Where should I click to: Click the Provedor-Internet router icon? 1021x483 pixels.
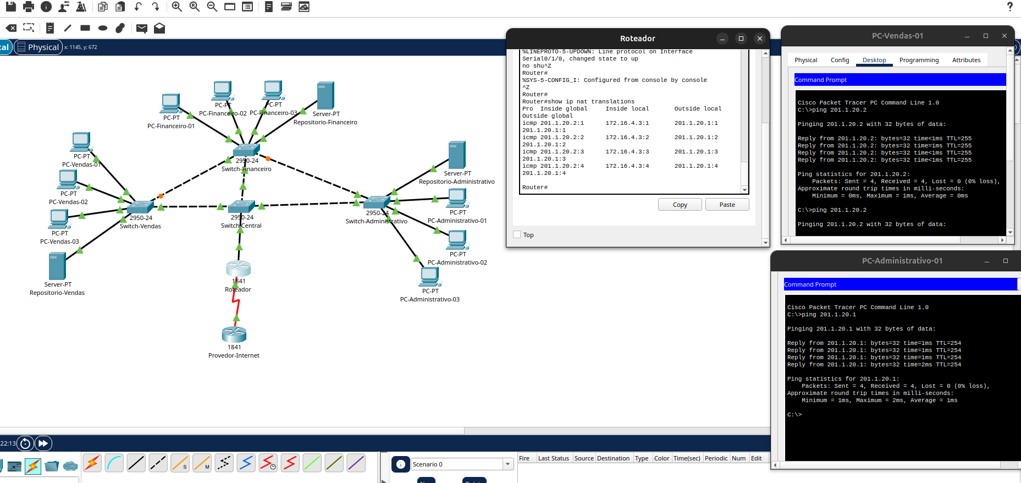[x=234, y=334]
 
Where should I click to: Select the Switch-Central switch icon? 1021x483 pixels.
[x=241, y=207]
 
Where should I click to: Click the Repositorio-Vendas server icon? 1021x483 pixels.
[x=57, y=266]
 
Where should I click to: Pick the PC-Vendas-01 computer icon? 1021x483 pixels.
[x=81, y=142]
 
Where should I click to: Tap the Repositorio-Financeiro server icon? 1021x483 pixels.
[x=325, y=96]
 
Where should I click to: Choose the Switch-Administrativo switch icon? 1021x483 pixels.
[x=377, y=202]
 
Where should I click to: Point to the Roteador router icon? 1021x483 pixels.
[x=238, y=268]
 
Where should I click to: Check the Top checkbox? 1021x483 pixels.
[x=517, y=235]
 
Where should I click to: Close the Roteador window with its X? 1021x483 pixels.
[x=759, y=39]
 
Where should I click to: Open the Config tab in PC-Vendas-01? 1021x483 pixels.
[x=840, y=60]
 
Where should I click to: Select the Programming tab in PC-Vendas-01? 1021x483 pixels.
[x=919, y=60]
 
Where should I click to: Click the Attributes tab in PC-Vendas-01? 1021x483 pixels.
[x=966, y=60]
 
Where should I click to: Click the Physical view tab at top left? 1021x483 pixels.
[x=38, y=47]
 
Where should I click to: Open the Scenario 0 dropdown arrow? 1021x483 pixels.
[x=507, y=464]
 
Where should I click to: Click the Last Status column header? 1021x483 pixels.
[x=553, y=458]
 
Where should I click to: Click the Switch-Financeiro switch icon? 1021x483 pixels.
[x=246, y=150]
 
